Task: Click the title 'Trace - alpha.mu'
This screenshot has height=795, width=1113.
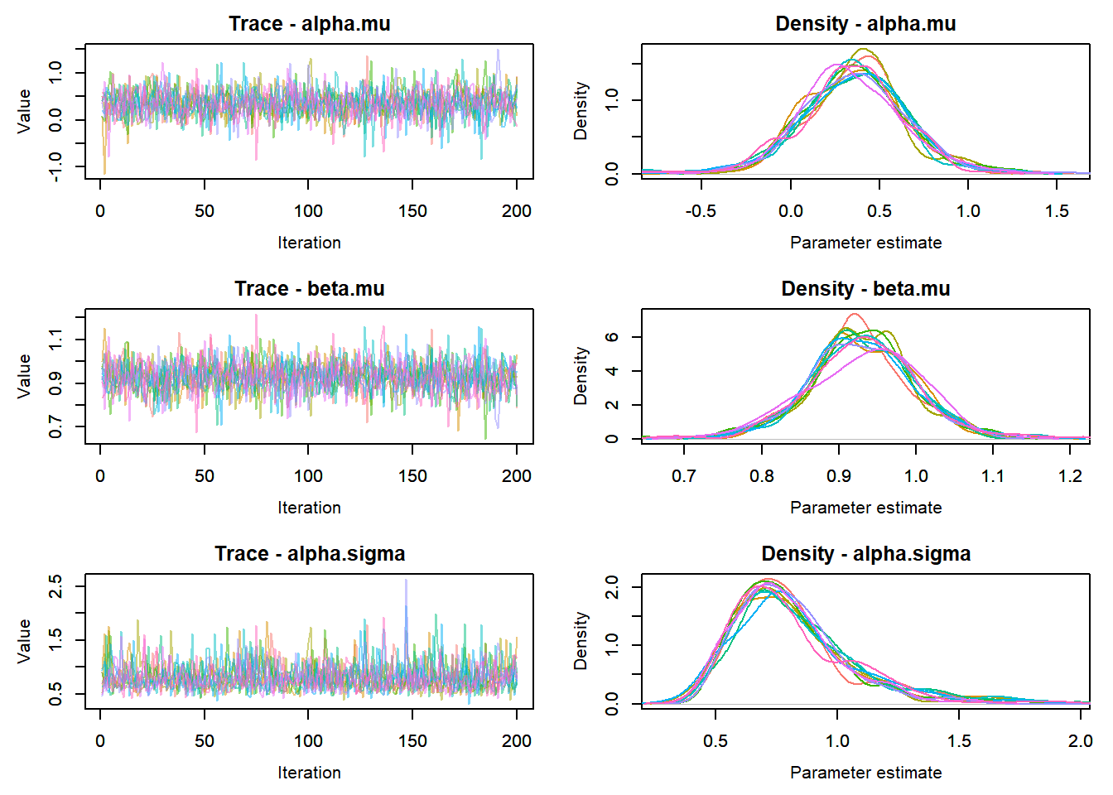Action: point(309,24)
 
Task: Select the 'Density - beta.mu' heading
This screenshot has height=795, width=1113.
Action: point(865,289)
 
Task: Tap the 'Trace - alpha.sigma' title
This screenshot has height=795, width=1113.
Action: point(309,554)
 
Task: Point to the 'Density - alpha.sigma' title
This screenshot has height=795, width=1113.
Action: point(865,554)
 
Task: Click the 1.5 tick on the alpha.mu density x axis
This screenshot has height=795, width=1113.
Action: point(1057,211)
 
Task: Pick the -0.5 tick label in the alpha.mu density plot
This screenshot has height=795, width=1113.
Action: point(701,211)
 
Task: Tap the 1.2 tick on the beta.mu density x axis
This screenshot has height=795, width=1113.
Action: point(1070,476)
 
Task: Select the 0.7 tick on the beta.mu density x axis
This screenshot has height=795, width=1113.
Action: point(684,476)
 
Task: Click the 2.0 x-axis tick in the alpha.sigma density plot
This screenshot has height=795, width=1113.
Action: point(1080,741)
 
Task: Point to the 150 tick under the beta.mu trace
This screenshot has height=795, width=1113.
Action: point(412,476)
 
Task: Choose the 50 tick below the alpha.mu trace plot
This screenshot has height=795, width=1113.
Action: point(205,211)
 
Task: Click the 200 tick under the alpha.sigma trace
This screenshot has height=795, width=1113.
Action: point(517,741)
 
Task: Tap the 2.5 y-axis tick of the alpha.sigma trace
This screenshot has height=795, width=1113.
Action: point(55,587)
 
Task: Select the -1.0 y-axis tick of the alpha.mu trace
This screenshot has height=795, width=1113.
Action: point(55,166)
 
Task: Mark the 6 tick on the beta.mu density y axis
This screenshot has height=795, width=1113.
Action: point(612,337)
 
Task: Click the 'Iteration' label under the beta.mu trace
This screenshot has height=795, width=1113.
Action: point(309,508)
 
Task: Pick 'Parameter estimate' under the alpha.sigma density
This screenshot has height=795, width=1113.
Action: point(865,773)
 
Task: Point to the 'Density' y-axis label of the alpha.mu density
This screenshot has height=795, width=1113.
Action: point(581,111)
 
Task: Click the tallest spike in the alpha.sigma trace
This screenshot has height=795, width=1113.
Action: point(406,581)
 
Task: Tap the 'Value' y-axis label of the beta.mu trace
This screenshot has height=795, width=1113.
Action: point(25,376)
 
